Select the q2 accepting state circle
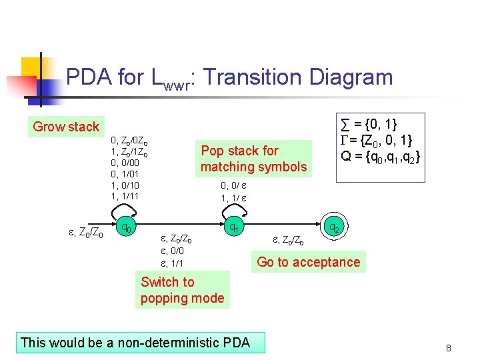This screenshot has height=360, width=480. tap(336, 228)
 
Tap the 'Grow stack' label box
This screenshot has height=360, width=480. tap(66, 127)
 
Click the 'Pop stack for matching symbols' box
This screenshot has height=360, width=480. tap(253, 159)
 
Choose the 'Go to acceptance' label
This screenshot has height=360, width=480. tap(308, 262)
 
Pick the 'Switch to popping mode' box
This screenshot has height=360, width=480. tap(182, 290)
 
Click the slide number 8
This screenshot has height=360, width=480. tap(449, 348)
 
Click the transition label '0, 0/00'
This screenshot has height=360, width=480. tap(125, 162)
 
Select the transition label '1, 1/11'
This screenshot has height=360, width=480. tap(125, 196)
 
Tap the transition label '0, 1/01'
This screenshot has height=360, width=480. tap(125, 173)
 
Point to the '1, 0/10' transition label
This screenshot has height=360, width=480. tap(125, 185)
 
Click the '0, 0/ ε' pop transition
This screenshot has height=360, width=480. tap(234, 186)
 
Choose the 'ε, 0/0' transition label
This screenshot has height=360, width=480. tap(172, 251)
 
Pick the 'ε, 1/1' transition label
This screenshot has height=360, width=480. tap(172, 263)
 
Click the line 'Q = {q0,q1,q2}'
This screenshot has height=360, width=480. tap(379, 157)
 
